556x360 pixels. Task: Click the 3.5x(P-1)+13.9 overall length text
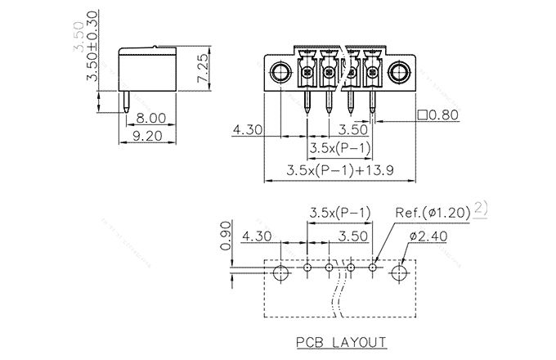(342, 170)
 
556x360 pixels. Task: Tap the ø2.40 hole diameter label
(427, 236)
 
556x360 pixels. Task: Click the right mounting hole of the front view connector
(401, 72)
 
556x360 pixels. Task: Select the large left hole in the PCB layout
(280, 272)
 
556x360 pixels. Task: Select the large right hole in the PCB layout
(401, 272)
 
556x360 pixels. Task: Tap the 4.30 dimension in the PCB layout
(258, 237)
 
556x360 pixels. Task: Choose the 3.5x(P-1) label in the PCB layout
(339, 213)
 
